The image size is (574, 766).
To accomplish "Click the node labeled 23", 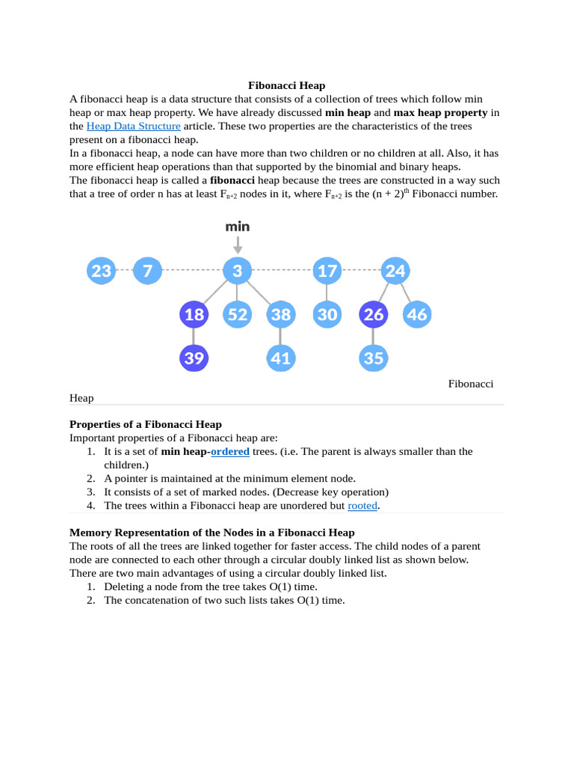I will pyautogui.click(x=101, y=271).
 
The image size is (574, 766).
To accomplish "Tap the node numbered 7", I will pyautogui.click(x=147, y=271).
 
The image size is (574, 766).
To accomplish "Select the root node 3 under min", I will pyautogui.click(x=238, y=271).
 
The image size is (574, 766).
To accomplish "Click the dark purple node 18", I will pyautogui.click(x=194, y=315).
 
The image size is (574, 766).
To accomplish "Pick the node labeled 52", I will pyautogui.click(x=238, y=315).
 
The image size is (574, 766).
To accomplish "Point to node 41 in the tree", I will pyautogui.click(x=281, y=358).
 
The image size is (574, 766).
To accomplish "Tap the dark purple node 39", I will pyautogui.click(x=194, y=358).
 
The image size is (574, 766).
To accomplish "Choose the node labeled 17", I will pyautogui.click(x=327, y=271).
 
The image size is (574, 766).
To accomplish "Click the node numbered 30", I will pyautogui.click(x=327, y=315).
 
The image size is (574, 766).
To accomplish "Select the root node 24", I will pyautogui.click(x=395, y=271).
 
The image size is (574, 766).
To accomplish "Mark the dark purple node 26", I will pyautogui.click(x=374, y=315).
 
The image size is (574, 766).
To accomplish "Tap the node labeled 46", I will pyautogui.click(x=417, y=315).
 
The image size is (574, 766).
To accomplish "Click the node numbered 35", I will pyautogui.click(x=374, y=358).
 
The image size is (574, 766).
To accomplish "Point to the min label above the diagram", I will pyautogui.click(x=238, y=226).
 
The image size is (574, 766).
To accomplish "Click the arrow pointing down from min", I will pyautogui.click(x=238, y=245).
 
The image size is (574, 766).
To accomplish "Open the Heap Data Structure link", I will pyautogui.click(x=134, y=126).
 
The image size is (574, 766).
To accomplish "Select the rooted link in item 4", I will pyautogui.click(x=362, y=506).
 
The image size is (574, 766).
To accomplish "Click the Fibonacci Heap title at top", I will pyautogui.click(x=286, y=86).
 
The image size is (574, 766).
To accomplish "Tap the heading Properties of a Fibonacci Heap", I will pyautogui.click(x=146, y=424).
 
